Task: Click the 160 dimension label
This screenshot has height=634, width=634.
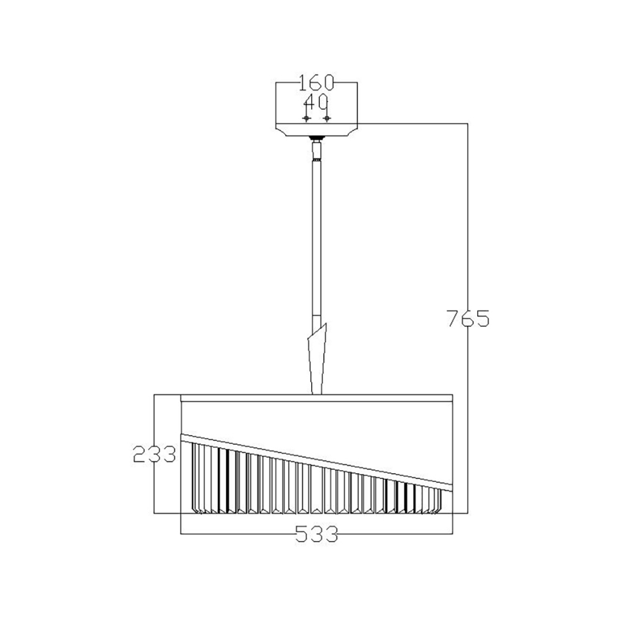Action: [316, 83]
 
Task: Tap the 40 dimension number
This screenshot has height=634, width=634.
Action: [316, 102]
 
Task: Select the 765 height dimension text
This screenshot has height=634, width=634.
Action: [468, 318]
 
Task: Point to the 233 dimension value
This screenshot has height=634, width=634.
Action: [154, 454]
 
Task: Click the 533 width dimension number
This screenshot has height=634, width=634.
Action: [316, 534]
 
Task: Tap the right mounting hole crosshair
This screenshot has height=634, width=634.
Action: [327, 118]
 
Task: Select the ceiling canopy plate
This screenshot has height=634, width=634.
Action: [316, 129]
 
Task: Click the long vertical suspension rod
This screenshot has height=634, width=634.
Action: [316, 238]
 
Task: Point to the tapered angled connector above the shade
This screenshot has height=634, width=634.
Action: [316, 359]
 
